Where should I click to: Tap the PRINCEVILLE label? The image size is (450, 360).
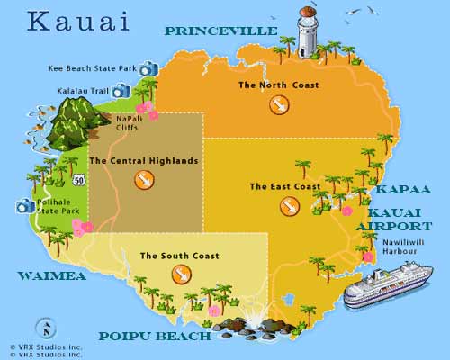tap(220, 31)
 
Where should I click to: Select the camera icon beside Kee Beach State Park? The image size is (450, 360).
tap(148, 68)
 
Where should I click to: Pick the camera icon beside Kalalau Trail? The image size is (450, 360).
tap(121, 90)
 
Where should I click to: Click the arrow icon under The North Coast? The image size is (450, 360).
tap(279, 105)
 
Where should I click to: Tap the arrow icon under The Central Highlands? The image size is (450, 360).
tap(143, 180)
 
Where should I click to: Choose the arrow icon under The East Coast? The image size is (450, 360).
tap(290, 206)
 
